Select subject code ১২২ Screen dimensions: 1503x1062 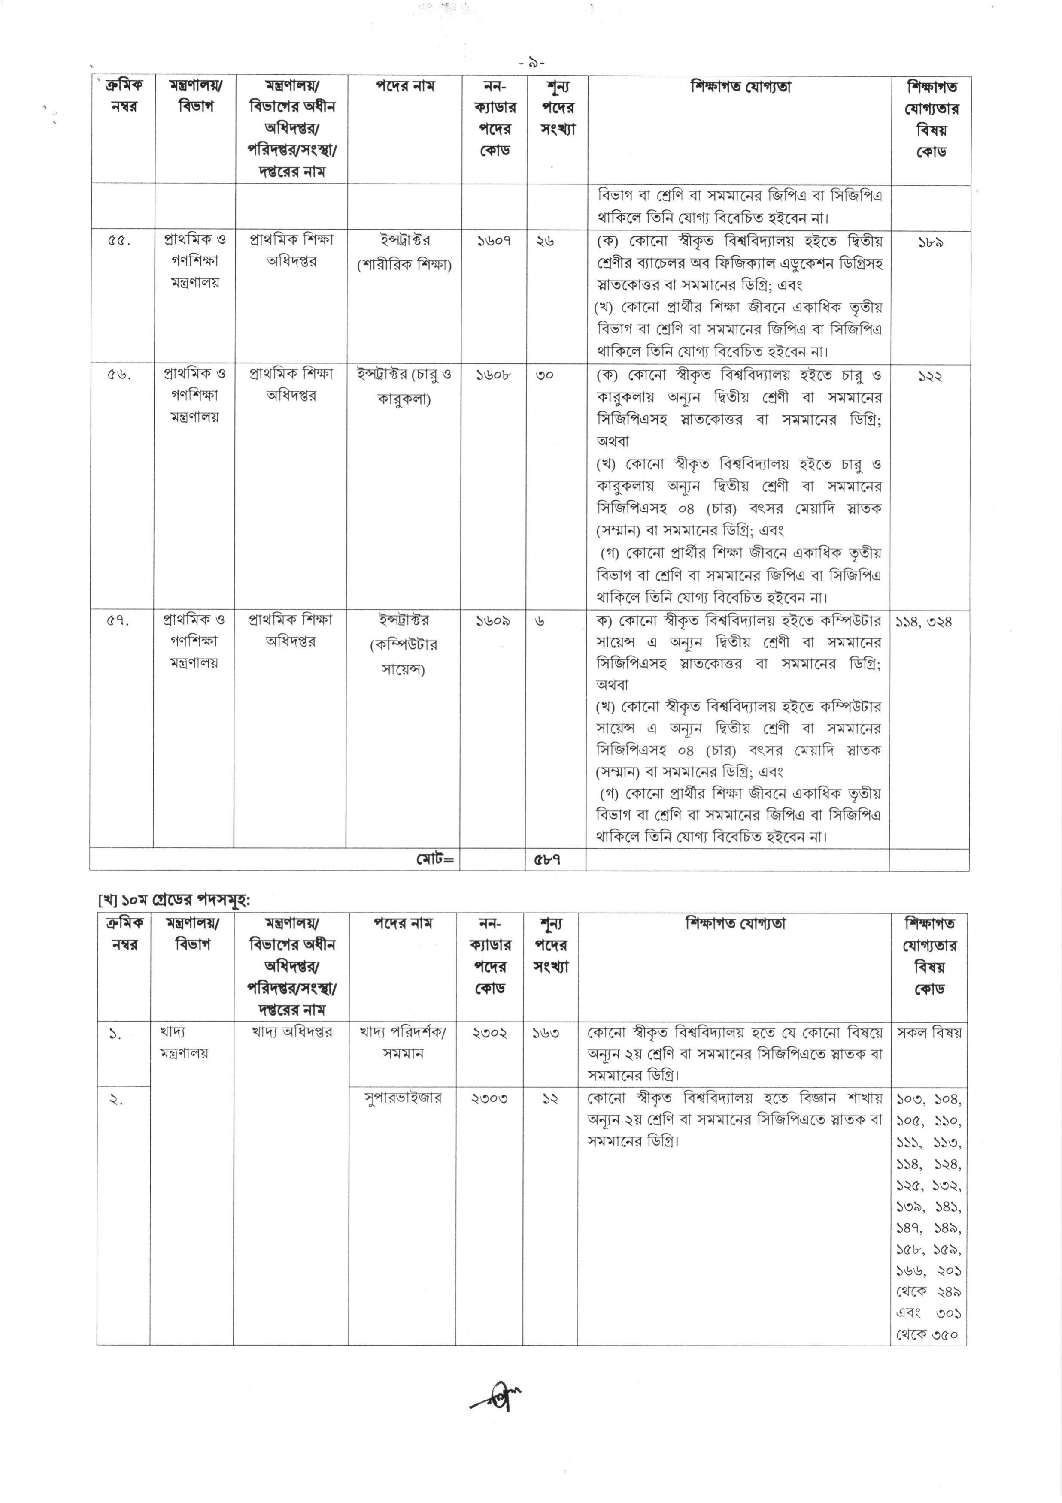(930, 376)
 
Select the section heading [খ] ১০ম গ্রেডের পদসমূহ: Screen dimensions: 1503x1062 (174, 900)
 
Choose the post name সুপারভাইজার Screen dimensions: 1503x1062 (403, 1098)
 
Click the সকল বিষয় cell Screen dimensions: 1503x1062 (929, 1032)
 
